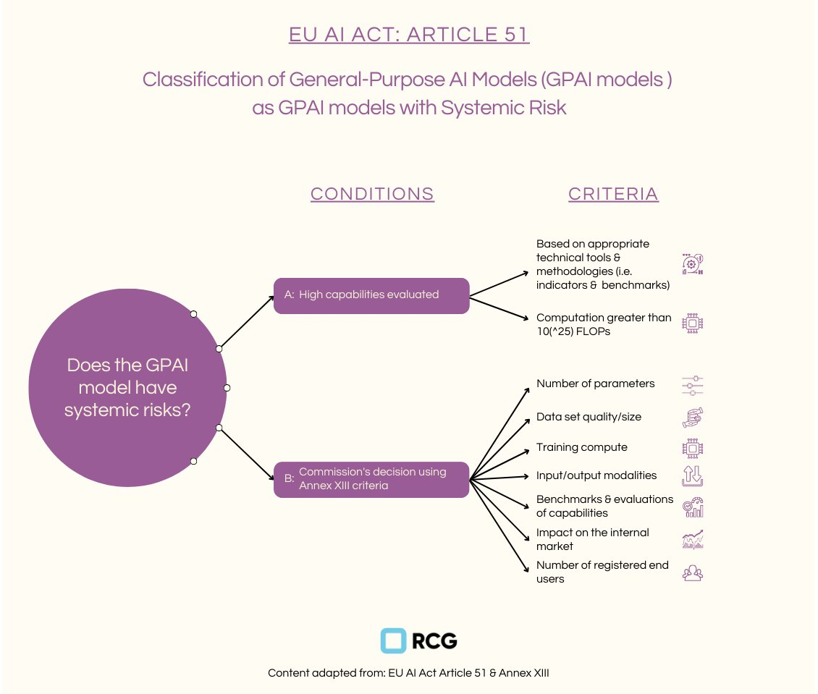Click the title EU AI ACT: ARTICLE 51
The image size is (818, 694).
tap(409, 35)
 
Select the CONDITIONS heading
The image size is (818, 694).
tap(373, 194)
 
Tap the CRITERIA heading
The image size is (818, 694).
tap(614, 194)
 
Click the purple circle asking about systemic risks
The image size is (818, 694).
tap(127, 387)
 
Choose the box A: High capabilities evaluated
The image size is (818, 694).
tap(371, 296)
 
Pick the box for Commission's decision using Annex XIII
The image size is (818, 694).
tap(371, 479)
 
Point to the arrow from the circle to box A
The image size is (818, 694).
tap(246, 323)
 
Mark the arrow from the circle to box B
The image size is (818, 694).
tap(246, 454)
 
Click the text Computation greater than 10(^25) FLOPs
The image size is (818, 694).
tap(604, 324)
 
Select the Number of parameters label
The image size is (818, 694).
tap(595, 384)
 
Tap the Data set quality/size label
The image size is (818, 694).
tap(589, 417)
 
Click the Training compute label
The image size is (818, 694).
tap(582, 447)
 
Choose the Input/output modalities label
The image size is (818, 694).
tap(596, 475)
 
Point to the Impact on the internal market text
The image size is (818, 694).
tap(593, 539)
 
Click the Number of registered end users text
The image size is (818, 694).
tap(602, 572)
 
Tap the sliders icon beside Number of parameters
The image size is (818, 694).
tap(692, 385)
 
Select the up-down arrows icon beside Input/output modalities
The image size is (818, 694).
tap(692, 475)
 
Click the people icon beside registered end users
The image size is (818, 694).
tap(692, 573)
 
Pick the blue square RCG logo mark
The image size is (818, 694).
tap(393, 640)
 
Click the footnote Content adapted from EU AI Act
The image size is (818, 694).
tap(408, 673)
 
